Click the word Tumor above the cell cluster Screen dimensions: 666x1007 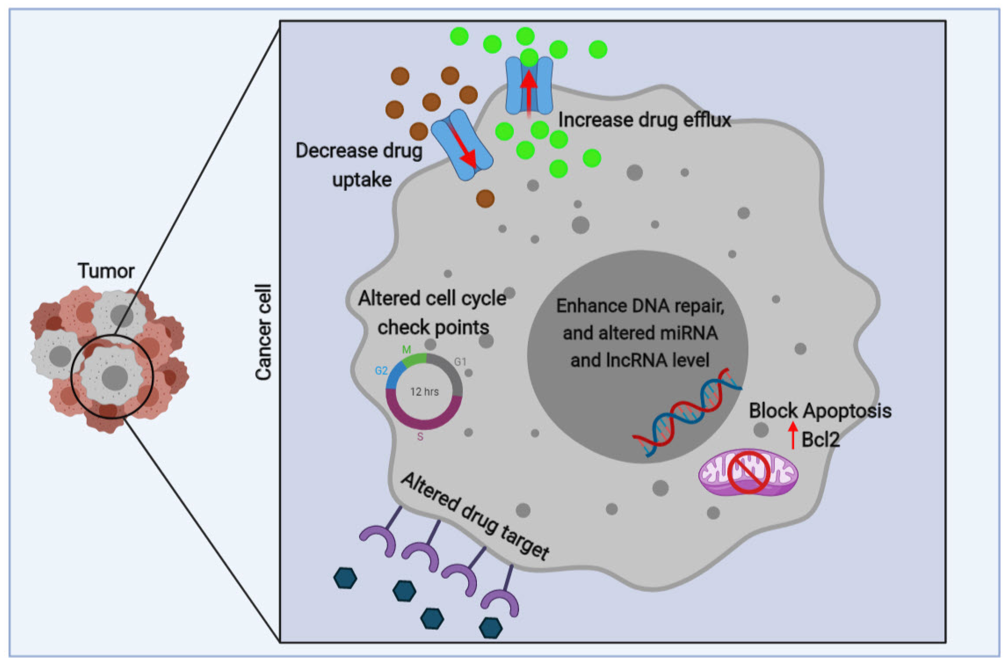coord(106,271)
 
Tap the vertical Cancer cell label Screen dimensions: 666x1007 coord(263,332)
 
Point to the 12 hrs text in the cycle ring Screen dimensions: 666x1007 coord(424,391)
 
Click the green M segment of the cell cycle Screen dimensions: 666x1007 coord(414,360)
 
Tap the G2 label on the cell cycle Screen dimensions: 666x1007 coord(381,371)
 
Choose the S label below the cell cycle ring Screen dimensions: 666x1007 coord(420,437)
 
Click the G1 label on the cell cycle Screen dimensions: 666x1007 coord(460,362)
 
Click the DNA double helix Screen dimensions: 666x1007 coord(687,411)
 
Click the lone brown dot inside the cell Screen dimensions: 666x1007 coord(485,198)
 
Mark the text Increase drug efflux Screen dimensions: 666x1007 coord(644,120)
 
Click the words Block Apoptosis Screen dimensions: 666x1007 coord(820,411)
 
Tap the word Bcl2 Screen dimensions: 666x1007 coord(820,439)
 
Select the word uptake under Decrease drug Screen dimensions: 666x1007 coord(362,180)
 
